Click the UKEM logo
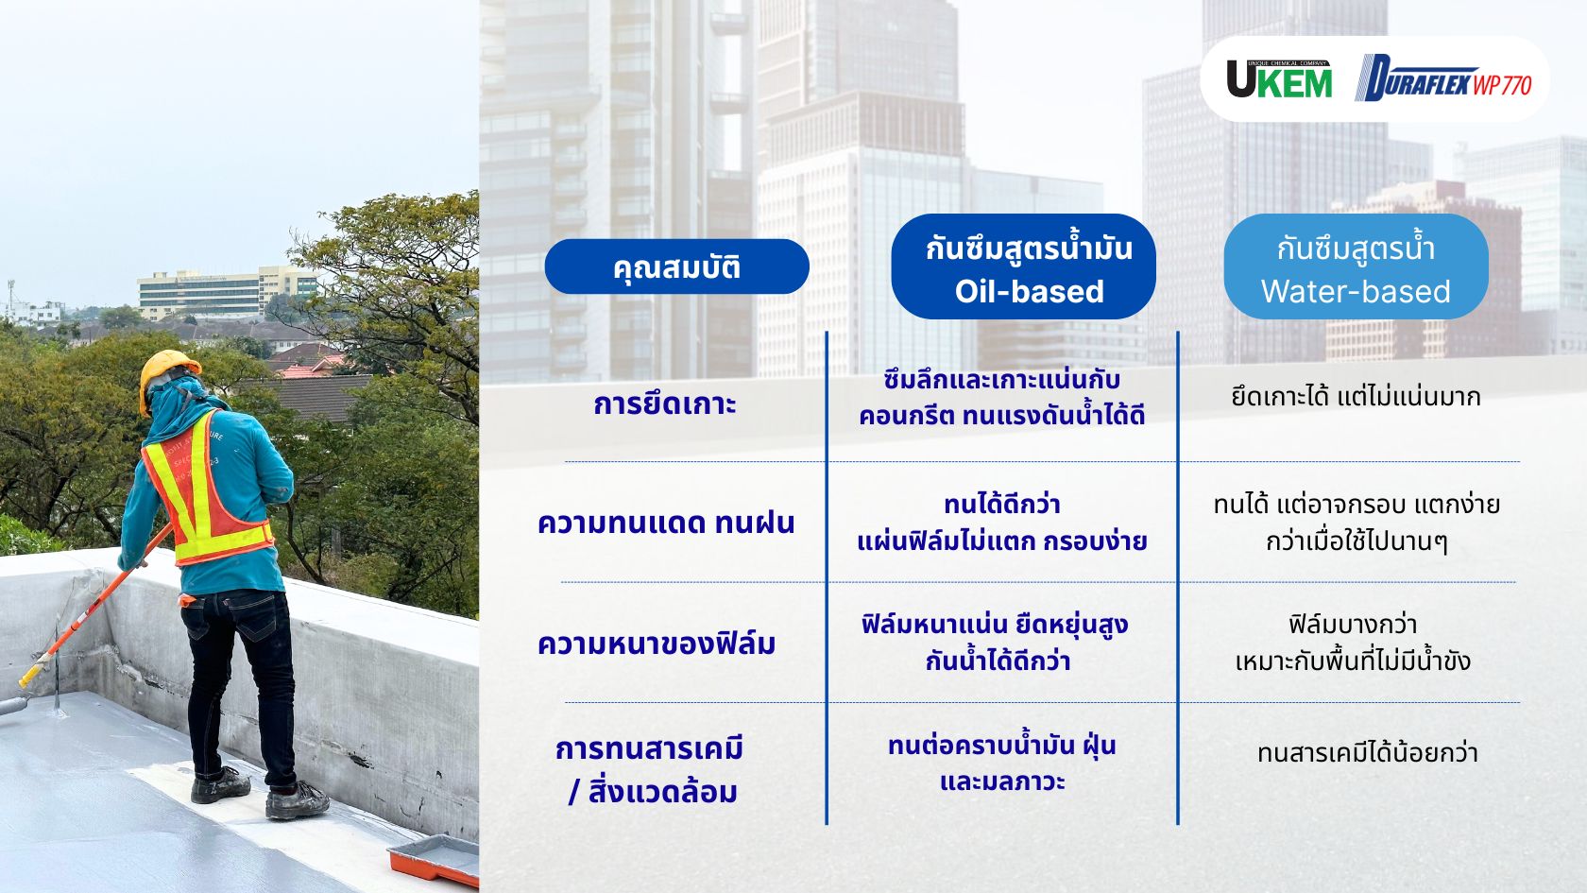coord(1279,79)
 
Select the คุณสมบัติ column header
coord(676,266)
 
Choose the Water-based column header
coord(1356,267)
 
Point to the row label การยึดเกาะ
coord(665,404)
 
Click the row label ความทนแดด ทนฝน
coord(666,523)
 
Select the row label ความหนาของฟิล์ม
coord(657,644)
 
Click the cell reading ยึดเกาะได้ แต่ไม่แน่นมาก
coord(1356,397)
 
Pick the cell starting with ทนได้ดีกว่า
coord(1001,523)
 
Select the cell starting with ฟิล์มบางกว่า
coord(1353,642)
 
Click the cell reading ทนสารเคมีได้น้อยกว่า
coord(1367,753)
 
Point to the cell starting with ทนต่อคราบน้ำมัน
coord(1001,763)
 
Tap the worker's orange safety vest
coord(208,501)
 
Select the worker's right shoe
coord(297,801)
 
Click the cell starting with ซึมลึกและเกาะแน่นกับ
coord(1001,398)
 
